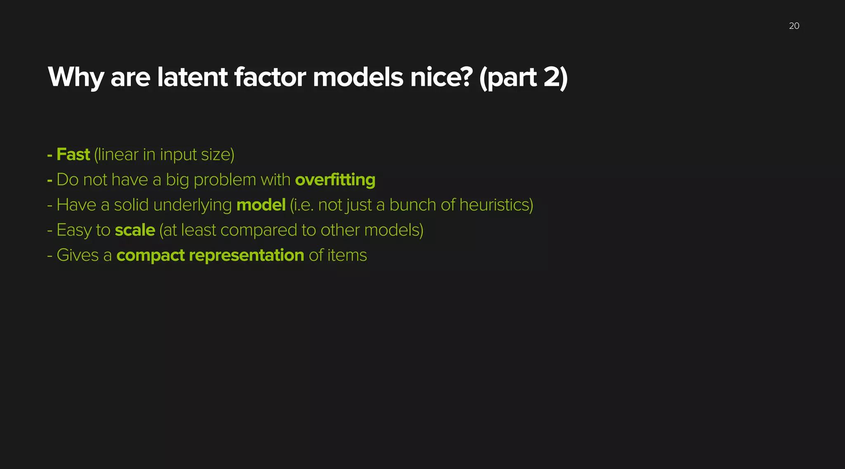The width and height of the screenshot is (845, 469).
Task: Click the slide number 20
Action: (x=794, y=26)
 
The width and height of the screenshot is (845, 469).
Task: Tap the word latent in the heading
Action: (x=192, y=78)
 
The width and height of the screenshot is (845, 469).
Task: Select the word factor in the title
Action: (x=270, y=78)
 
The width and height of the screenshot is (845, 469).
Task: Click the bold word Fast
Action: (x=73, y=155)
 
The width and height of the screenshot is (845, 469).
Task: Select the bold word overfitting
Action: (x=335, y=180)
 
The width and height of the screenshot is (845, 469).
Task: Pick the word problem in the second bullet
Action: (x=225, y=180)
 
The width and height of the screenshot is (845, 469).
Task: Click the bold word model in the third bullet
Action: (x=261, y=205)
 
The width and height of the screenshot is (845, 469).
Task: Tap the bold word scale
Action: (x=135, y=230)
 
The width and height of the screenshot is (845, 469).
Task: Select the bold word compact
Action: (x=150, y=255)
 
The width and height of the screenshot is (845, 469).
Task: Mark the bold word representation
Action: (x=246, y=255)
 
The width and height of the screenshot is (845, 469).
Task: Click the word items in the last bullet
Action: (x=347, y=255)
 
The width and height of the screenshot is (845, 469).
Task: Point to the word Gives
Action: (x=78, y=255)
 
